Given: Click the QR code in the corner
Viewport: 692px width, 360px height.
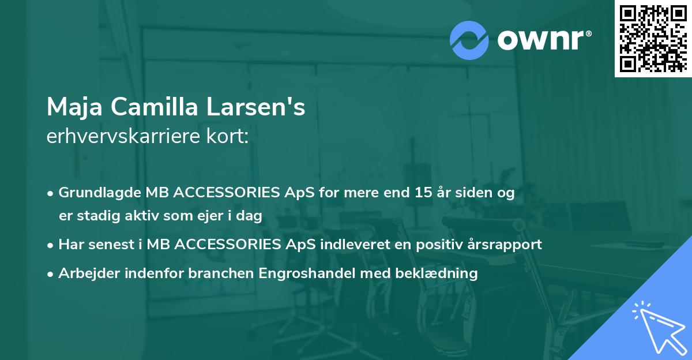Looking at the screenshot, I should pos(653,39).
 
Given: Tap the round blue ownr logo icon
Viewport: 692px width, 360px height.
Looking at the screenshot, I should pos(469,40).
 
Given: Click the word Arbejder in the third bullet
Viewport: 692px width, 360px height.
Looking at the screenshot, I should pos(85,273).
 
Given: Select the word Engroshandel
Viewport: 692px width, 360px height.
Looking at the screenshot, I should pos(309,273).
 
